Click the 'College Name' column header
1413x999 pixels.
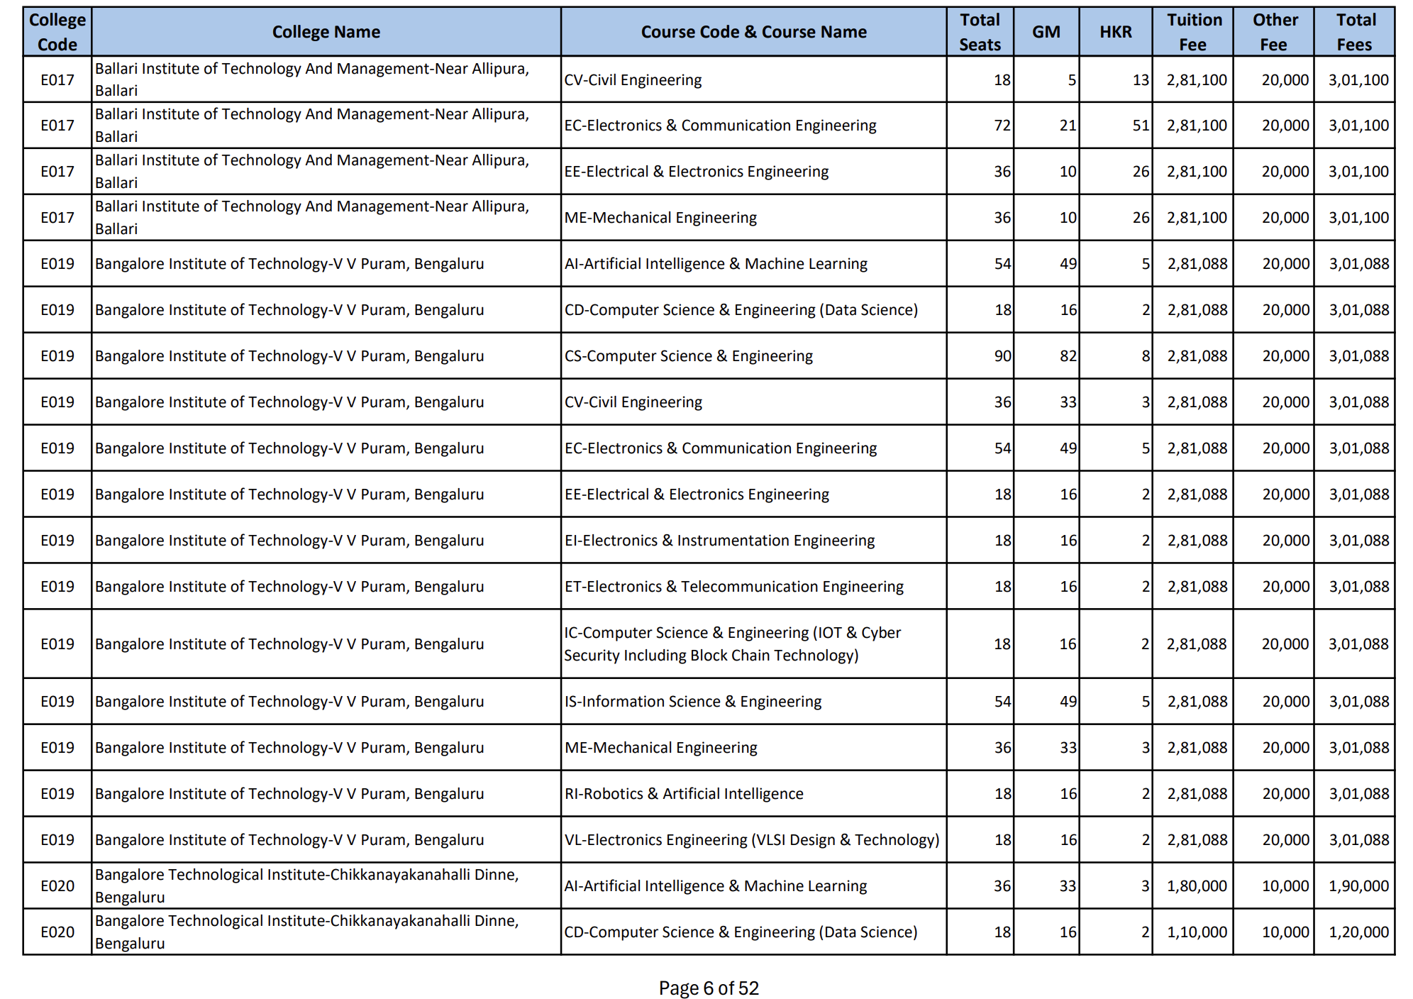tap(326, 32)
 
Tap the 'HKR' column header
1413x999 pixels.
tap(1115, 32)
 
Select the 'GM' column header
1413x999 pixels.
tap(1046, 32)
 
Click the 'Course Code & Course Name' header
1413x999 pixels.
tap(753, 32)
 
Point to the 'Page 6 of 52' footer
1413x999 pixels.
tap(708, 988)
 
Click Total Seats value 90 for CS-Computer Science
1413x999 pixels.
tap(1002, 356)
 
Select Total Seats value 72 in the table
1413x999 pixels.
tap(1002, 126)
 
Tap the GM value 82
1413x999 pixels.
tap(1068, 356)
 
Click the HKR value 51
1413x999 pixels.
tap(1140, 126)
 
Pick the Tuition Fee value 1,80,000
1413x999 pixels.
tap(1197, 886)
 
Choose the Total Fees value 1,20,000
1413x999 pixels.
tap(1358, 932)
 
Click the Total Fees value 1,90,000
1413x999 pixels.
tap(1358, 886)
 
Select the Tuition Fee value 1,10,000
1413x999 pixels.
tap(1197, 932)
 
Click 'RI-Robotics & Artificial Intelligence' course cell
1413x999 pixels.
tap(684, 794)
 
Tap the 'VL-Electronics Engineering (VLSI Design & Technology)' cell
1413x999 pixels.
tap(751, 840)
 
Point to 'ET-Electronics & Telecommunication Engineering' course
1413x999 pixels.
tap(733, 587)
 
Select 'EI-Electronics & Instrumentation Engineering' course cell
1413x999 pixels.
tap(719, 541)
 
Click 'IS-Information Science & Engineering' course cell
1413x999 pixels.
tap(692, 702)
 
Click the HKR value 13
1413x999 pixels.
tap(1140, 80)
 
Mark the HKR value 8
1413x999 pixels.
tap(1145, 356)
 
